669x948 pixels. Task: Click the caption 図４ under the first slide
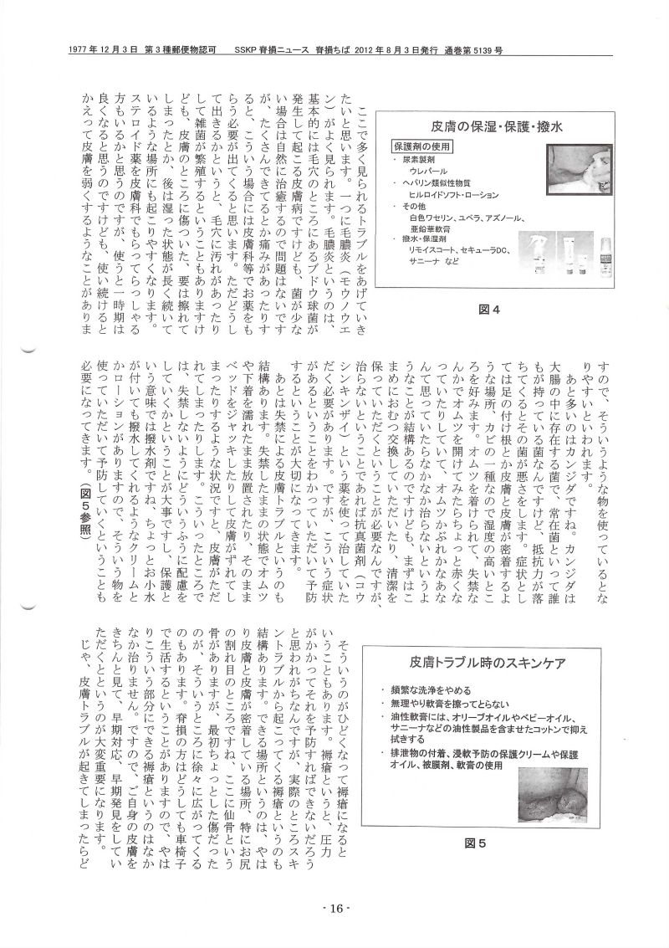point(488,310)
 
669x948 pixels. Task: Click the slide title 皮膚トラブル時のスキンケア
point(485,664)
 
